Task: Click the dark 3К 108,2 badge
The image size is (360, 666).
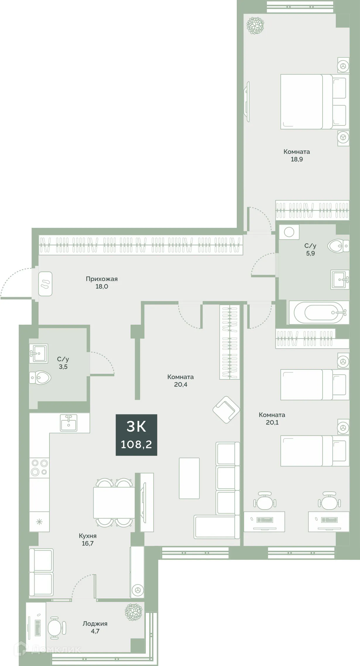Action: [x=136, y=435]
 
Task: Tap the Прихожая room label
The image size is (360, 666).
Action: [x=102, y=279]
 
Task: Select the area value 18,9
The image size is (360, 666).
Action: [x=296, y=159]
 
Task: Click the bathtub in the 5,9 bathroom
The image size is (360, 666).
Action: [x=319, y=312]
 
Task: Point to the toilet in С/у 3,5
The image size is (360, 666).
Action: [x=40, y=378]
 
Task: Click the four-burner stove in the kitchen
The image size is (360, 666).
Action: [x=40, y=467]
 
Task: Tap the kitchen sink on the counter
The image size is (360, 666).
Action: [x=69, y=423]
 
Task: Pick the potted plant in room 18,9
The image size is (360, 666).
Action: [x=255, y=26]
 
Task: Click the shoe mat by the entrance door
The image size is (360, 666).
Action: [x=45, y=284]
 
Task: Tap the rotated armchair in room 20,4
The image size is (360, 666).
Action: [x=226, y=410]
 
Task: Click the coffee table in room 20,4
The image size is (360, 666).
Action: [x=189, y=478]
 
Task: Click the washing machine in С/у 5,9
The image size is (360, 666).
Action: [x=289, y=232]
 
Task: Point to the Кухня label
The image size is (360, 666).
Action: [x=88, y=536]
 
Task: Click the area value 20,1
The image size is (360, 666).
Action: [x=272, y=422]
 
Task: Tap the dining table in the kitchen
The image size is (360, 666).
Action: [x=114, y=502]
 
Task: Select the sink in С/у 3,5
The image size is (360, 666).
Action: [x=39, y=354]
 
